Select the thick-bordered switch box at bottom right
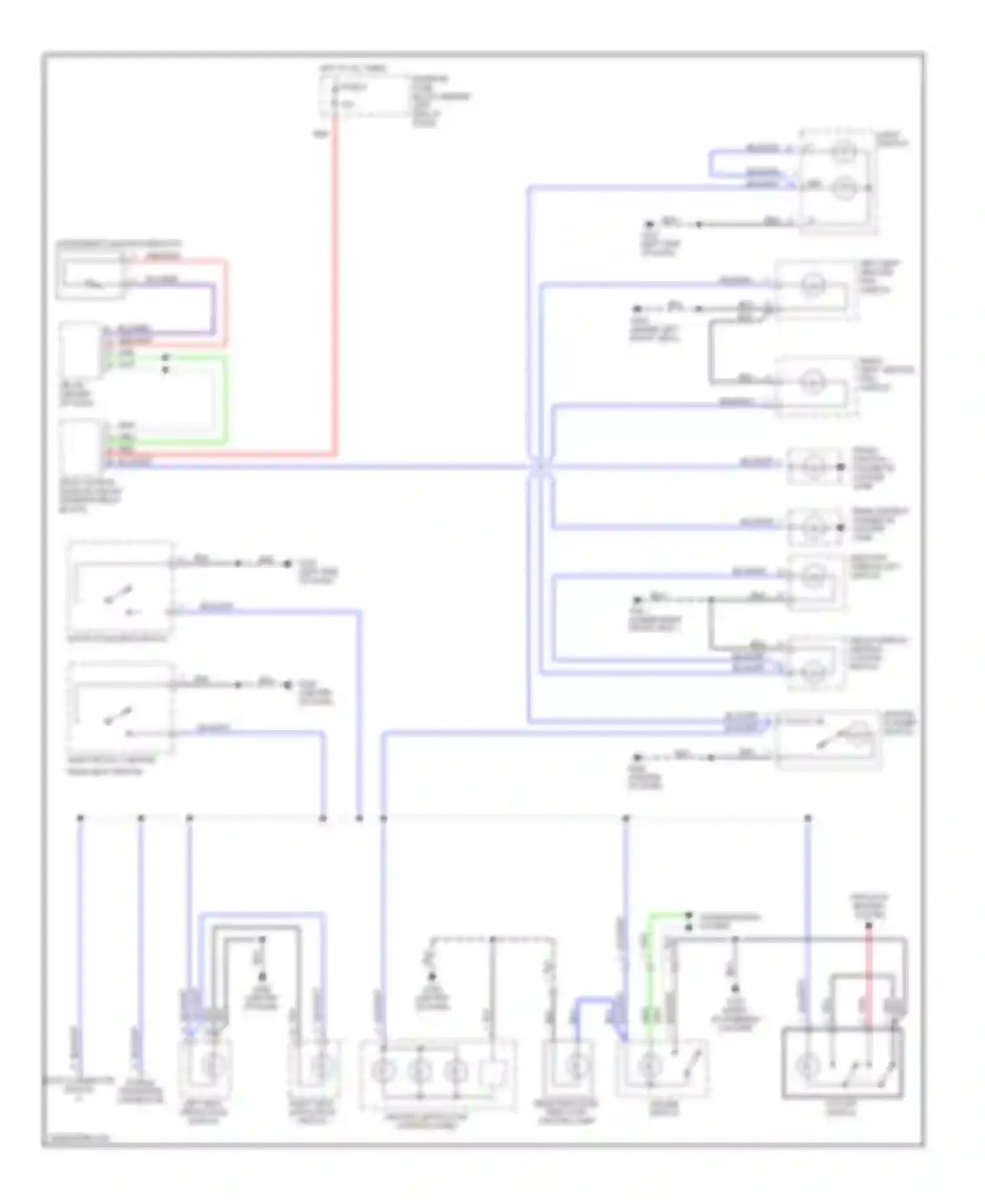(843, 1063)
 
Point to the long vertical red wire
(336, 282)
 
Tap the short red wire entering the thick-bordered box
(868, 978)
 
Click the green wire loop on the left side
(225, 400)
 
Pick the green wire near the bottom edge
(650, 972)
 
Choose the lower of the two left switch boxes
(120, 709)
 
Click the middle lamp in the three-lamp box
(419, 1071)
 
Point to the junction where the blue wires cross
(540, 467)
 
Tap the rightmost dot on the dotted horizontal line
(808, 818)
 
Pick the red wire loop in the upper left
(225, 302)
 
